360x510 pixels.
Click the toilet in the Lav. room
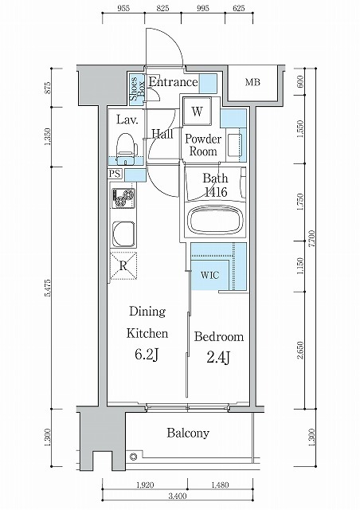(x=126, y=148)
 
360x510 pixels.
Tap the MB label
(x=252, y=82)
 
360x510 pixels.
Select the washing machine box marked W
(x=197, y=112)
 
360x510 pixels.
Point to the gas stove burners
(x=123, y=198)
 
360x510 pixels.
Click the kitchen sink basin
(x=123, y=233)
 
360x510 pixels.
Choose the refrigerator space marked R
(x=123, y=265)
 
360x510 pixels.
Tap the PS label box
(x=115, y=174)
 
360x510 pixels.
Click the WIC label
(x=209, y=275)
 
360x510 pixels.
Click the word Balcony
(x=188, y=433)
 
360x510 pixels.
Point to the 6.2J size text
(x=147, y=355)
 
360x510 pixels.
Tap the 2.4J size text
(x=218, y=358)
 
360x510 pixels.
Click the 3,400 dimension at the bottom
(x=178, y=496)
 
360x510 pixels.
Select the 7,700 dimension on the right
(x=311, y=239)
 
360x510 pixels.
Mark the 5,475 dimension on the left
(x=48, y=288)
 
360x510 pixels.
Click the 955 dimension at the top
(x=123, y=9)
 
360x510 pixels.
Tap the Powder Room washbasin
(x=234, y=145)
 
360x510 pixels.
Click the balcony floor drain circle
(x=133, y=457)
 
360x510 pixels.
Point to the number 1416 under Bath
(x=216, y=192)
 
